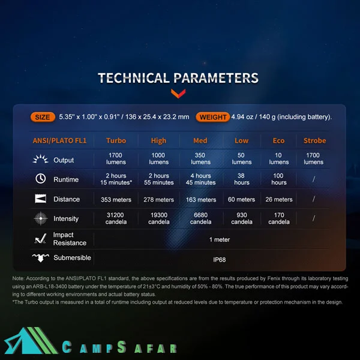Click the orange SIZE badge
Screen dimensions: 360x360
pyautogui.click(x=43, y=117)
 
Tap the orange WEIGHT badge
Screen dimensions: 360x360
pyautogui.click(x=212, y=117)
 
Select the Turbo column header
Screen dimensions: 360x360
pyautogui.click(x=116, y=140)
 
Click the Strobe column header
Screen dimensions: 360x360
pyautogui.click(x=314, y=140)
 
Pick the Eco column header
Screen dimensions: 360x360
pyautogui.click(x=278, y=140)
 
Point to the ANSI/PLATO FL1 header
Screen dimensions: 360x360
pyautogui.click(x=59, y=140)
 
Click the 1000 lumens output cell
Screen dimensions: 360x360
pyautogui.click(x=158, y=158)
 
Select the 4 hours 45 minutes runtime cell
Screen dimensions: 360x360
pyautogui.click(x=200, y=179)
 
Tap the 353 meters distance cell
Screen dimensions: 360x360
pyautogui.click(x=116, y=200)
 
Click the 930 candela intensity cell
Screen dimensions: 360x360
pyautogui.click(x=242, y=218)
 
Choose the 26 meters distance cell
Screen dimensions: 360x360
pyautogui.click(x=279, y=199)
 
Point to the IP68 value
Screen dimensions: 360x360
pyautogui.click(x=219, y=260)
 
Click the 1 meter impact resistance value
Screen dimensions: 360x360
pyautogui.click(x=219, y=239)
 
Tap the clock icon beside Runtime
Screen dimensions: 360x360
pyautogui.click(x=40, y=179)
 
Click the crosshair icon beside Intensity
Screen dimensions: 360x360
pyautogui.click(x=41, y=218)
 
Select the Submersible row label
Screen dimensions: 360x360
pyautogui.click(x=72, y=257)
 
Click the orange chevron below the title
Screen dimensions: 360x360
pyautogui.click(x=178, y=93)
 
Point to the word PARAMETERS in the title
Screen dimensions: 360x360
pyautogui.click(x=216, y=78)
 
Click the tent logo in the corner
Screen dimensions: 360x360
pyautogui.click(x=31, y=341)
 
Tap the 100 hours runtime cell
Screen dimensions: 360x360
pyautogui.click(x=278, y=179)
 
